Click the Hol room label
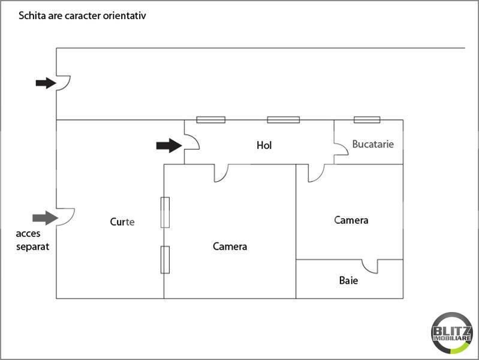(x=264, y=145)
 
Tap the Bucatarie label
(x=373, y=144)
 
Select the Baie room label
(x=348, y=280)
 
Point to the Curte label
(x=122, y=222)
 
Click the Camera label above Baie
(x=351, y=220)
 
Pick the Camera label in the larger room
(x=230, y=247)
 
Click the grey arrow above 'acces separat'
(x=45, y=218)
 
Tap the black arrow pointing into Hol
(x=169, y=145)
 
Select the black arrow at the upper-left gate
(x=46, y=83)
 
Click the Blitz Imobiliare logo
(x=452, y=333)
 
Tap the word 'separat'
(x=33, y=247)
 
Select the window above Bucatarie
(x=367, y=119)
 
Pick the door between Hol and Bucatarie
(x=341, y=148)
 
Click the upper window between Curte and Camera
(x=165, y=212)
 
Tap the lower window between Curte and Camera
(x=165, y=260)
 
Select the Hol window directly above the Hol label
(x=283, y=119)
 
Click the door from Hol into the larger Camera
(x=221, y=173)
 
